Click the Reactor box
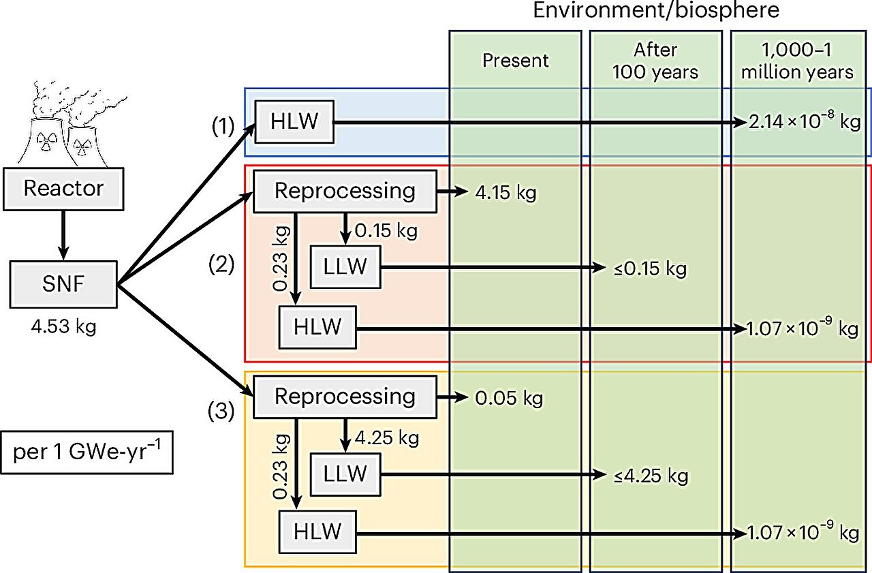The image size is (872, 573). coord(63,188)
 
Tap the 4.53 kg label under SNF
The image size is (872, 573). coord(63,328)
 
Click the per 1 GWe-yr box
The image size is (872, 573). coord(87,452)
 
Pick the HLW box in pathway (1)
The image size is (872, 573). coord(295,123)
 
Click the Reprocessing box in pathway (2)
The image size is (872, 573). coord(345,191)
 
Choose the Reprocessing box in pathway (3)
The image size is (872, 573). coord(345,397)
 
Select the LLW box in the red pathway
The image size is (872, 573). coord(345,267)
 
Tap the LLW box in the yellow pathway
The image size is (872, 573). coord(345,473)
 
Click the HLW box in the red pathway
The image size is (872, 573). coord(317,328)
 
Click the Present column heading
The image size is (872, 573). coord(515,61)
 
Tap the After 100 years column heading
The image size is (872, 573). coord(655,61)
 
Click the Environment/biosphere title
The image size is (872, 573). coord(655,12)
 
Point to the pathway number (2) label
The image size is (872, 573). coord(221,265)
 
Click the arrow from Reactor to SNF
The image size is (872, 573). coord(63,234)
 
